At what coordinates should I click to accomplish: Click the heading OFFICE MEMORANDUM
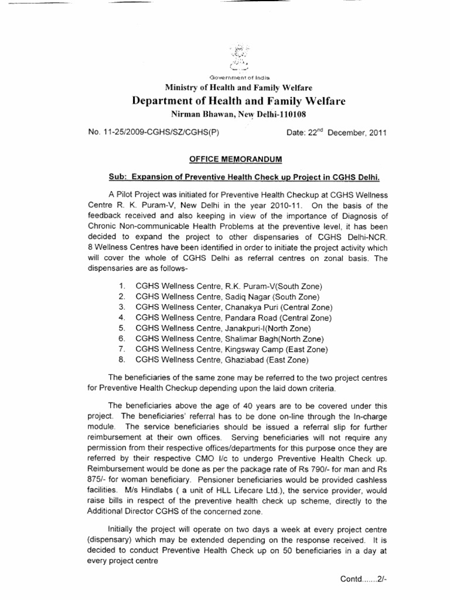[224, 159]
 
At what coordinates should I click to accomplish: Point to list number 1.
[122, 286]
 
